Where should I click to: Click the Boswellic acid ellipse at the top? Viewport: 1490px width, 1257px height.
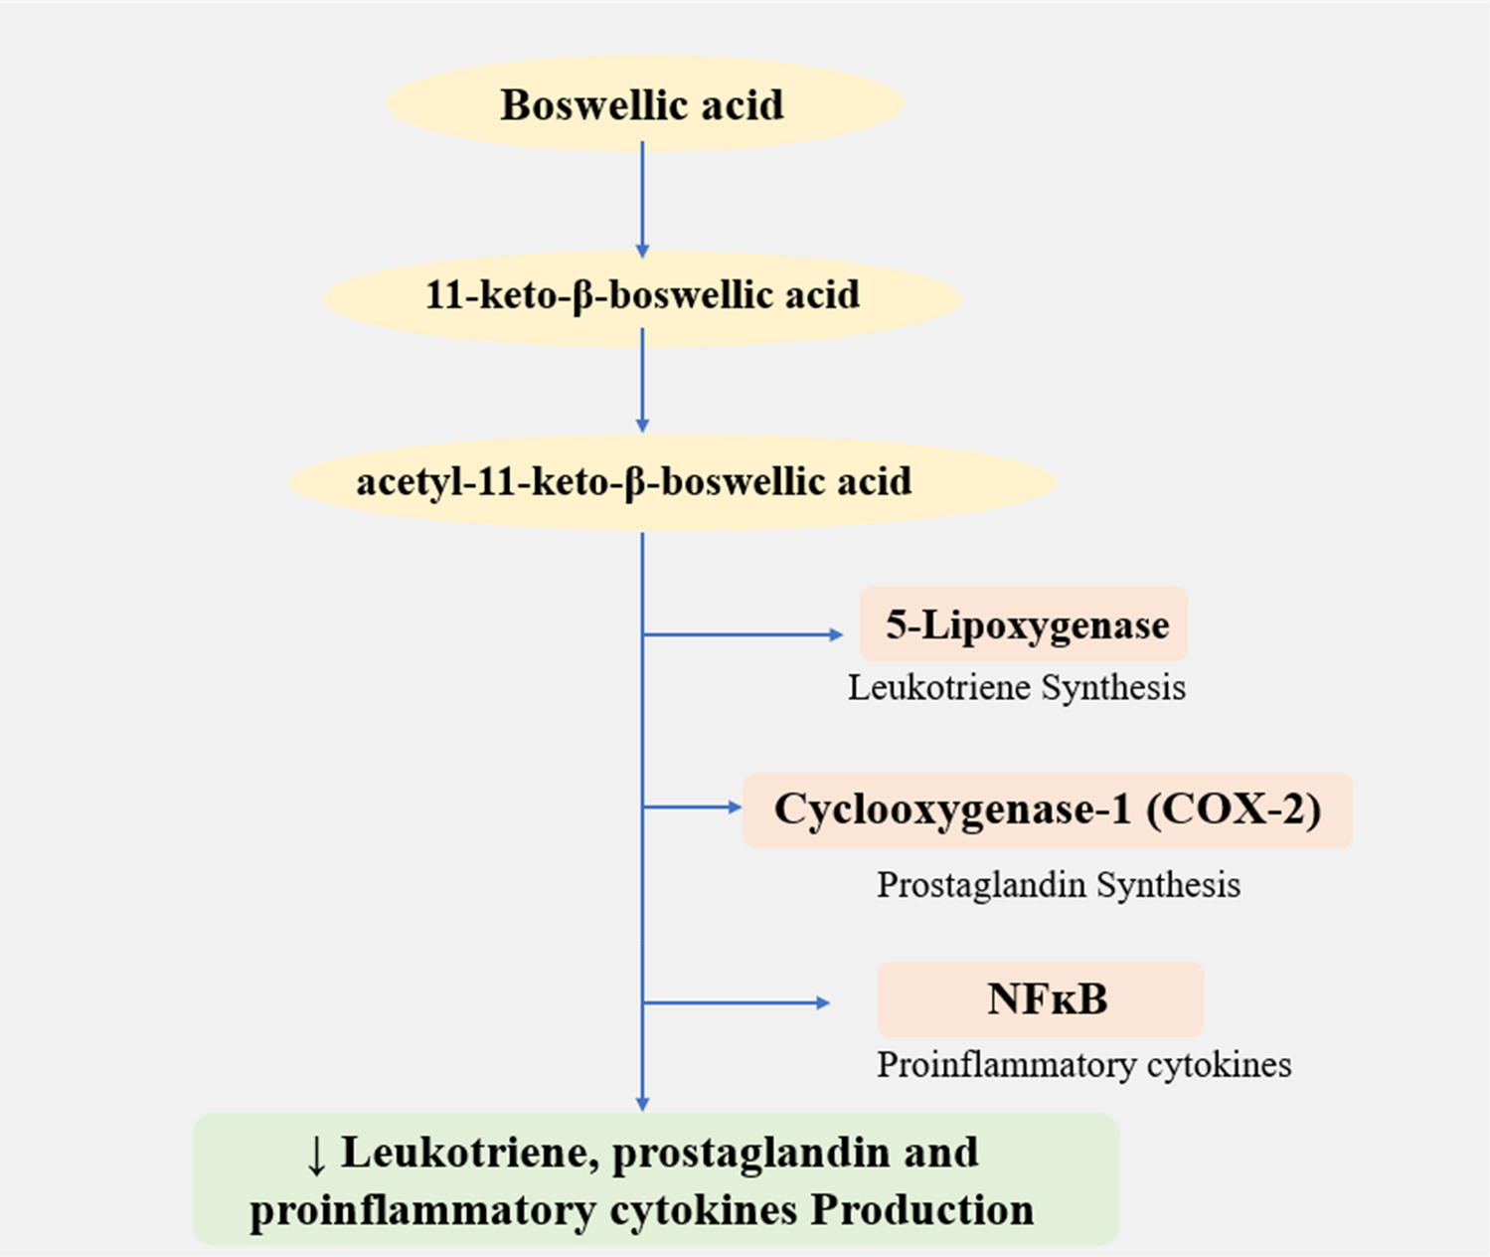tap(643, 104)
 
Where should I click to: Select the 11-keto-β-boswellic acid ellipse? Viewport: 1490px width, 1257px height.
tap(642, 295)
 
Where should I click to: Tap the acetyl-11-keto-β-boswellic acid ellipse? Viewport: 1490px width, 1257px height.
tap(672, 481)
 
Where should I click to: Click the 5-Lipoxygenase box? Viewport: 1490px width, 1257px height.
tap(1024, 625)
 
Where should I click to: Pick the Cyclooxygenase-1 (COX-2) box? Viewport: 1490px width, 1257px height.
tap(1047, 809)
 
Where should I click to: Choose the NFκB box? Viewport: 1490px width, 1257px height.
tap(1041, 998)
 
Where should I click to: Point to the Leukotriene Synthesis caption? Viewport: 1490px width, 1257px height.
tap(1016, 687)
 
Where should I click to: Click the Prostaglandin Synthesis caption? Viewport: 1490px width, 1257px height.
tap(1058, 884)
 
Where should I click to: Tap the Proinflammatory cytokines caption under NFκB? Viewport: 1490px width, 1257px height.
tap(1083, 1064)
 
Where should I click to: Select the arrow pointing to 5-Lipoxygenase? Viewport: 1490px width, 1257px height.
tap(744, 633)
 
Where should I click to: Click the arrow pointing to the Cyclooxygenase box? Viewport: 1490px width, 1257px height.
tap(693, 808)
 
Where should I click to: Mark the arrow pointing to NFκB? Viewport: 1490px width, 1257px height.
tap(737, 1002)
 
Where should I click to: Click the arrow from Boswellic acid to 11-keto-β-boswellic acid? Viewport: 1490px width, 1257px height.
tap(642, 199)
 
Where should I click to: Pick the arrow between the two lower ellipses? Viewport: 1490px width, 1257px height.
tap(642, 380)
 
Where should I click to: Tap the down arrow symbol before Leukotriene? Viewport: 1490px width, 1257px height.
tap(316, 1154)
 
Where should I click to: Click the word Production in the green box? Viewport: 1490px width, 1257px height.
tap(921, 1210)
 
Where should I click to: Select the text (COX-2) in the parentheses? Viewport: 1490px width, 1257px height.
tap(1234, 809)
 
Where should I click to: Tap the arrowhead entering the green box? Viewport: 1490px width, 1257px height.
tap(642, 1102)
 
